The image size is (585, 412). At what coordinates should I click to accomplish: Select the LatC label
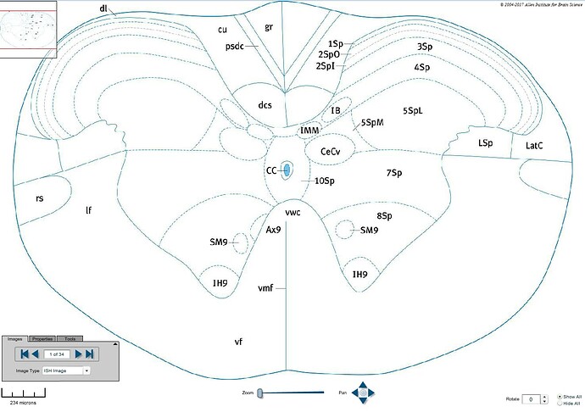click(x=534, y=147)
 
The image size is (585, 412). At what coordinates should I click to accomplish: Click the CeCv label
click(x=331, y=151)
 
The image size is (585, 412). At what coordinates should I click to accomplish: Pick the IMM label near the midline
click(x=309, y=131)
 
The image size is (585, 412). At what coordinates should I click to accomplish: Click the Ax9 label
click(x=273, y=230)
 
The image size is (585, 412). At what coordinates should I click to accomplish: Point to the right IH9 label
click(x=359, y=275)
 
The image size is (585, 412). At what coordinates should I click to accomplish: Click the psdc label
click(x=235, y=46)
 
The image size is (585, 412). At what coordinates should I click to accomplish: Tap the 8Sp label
click(x=384, y=216)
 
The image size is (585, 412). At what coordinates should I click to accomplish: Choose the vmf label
click(x=265, y=288)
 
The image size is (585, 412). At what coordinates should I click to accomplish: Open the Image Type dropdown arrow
click(x=86, y=370)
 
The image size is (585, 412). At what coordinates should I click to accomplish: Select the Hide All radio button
click(x=560, y=404)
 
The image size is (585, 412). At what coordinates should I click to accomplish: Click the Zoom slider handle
click(x=260, y=393)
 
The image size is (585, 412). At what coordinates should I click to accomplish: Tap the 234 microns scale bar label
click(x=21, y=404)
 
